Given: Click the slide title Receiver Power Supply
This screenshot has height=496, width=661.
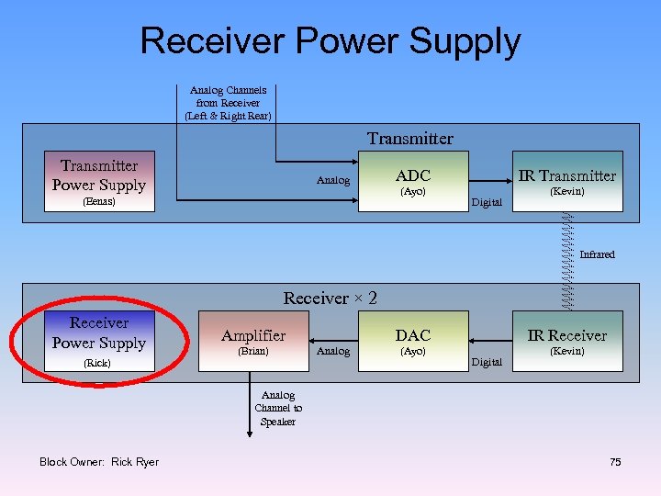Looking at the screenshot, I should coord(330,41).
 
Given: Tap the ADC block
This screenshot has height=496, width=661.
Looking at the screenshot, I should coord(412,181).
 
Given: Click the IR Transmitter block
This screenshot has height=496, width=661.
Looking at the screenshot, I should coord(566,181).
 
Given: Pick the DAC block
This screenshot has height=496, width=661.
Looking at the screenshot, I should coord(412,342).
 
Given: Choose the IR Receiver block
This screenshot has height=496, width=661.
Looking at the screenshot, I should coord(566,342).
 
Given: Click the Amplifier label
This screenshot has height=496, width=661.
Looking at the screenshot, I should coord(253,336).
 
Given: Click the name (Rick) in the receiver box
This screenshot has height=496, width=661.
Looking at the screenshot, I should coord(99,364).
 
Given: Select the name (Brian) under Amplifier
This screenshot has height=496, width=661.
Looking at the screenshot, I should coord(253,352).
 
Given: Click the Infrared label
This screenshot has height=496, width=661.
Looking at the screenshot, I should coord(597,254).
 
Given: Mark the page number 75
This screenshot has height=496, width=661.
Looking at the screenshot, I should coord(615,462).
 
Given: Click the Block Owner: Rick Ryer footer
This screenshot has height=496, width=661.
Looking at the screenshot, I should coord(99,462).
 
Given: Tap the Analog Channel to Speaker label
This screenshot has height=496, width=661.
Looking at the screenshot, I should coord(277,409).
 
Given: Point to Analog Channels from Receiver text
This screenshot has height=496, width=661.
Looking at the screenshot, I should coord(228,103).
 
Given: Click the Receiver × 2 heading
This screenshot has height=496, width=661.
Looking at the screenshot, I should coord(330,299).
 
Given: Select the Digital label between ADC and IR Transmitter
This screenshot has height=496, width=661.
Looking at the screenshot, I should coord(487,202).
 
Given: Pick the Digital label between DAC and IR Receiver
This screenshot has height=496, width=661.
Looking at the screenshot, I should coord(487,363).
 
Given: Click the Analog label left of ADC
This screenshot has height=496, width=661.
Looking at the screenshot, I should coord(333,181).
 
